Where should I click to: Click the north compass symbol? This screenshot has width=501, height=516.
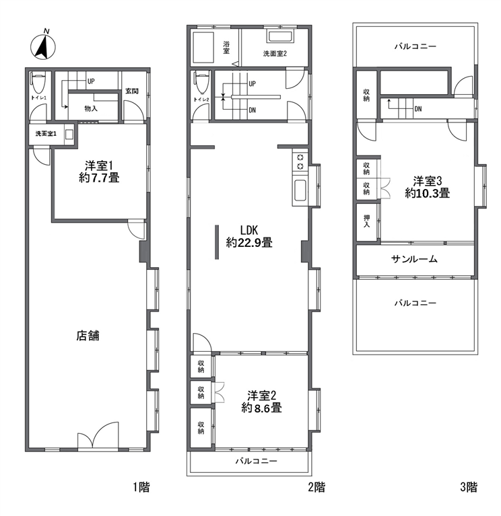pos(43,46)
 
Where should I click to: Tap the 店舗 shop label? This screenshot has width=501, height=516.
pos(88,336)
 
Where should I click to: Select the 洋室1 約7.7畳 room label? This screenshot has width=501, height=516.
pos(99,172)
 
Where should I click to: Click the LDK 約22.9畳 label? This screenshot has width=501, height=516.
pos(249,237)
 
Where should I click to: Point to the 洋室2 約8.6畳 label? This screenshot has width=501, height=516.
pos(261,402)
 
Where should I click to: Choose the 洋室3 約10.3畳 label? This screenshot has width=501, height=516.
pos(427,187)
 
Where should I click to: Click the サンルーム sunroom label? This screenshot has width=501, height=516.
pos(414,259)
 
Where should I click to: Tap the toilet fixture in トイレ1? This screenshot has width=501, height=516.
pos(38,83)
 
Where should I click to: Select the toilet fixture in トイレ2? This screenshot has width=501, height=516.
pos(202,83)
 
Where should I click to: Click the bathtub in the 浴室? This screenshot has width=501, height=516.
pos(203,47)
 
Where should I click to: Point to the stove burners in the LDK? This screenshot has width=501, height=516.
pos(300,162)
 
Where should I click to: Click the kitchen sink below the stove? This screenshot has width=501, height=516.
pos(301,190)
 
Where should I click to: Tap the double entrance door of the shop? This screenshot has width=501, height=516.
pos(98,435)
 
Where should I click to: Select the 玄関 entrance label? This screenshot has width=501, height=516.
pos(132,91)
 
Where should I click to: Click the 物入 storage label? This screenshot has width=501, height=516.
pos(91,108)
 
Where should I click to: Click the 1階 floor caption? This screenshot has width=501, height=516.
pos(141,486)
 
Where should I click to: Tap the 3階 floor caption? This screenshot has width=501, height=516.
pos(469,486)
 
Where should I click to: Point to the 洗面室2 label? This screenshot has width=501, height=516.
pos(275,53)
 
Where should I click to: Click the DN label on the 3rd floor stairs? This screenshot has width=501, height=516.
pos(418,109)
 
